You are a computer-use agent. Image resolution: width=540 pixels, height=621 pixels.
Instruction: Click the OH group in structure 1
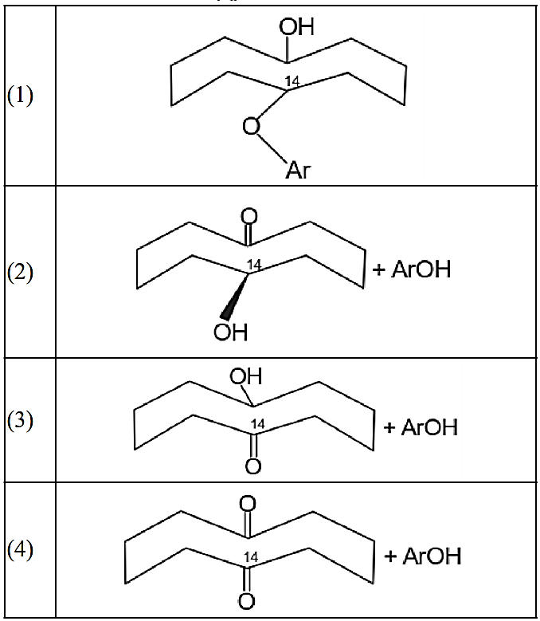coord(296,27)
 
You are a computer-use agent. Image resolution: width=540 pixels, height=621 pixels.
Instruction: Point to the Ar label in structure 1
coord(296,170)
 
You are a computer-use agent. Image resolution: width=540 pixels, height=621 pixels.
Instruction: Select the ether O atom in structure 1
coord(251,128)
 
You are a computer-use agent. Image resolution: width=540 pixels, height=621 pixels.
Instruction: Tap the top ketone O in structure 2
coord(249,215)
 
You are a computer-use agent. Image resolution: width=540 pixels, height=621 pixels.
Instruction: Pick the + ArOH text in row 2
coord(411,269)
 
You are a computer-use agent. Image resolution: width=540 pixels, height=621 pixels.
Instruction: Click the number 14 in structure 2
coord(254,264)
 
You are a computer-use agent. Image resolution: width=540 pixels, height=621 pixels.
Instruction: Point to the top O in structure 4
coord(248,503)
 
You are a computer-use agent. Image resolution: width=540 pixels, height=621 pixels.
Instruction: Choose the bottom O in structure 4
coord(248,599)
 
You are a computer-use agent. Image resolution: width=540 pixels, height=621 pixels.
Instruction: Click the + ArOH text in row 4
coord(422,556)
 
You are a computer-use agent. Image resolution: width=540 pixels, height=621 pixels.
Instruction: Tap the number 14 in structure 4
coord(250,556)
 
